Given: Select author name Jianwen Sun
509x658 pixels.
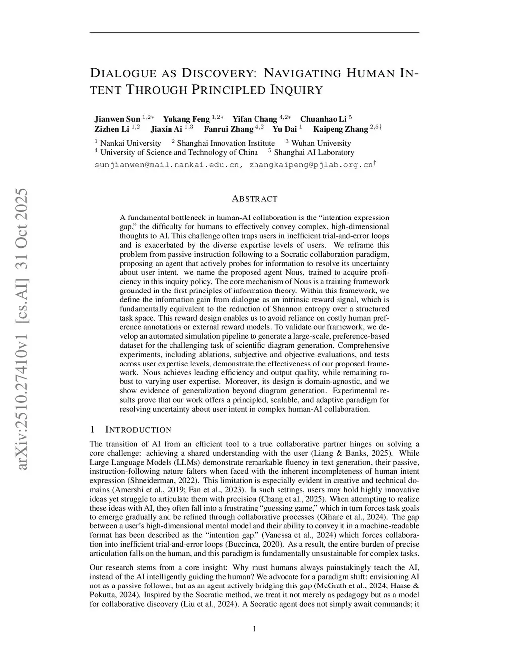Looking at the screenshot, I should [x=117, y=119].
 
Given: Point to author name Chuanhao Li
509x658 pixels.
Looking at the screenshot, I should [x=323, y=119].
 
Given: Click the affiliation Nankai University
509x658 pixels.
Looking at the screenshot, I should [x=130, y=143].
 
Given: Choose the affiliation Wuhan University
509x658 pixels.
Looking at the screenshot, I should [x=321, y=143].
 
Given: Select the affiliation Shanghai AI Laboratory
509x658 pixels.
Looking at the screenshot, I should [x=314, y=152].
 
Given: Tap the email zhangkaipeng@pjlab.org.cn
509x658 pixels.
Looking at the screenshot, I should [x=311, y=165].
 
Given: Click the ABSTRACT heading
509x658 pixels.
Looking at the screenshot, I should [x=254, y=199].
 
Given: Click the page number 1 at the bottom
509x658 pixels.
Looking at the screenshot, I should [x=254, y=629].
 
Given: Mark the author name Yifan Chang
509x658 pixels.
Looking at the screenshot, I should [x=254, y=119].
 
